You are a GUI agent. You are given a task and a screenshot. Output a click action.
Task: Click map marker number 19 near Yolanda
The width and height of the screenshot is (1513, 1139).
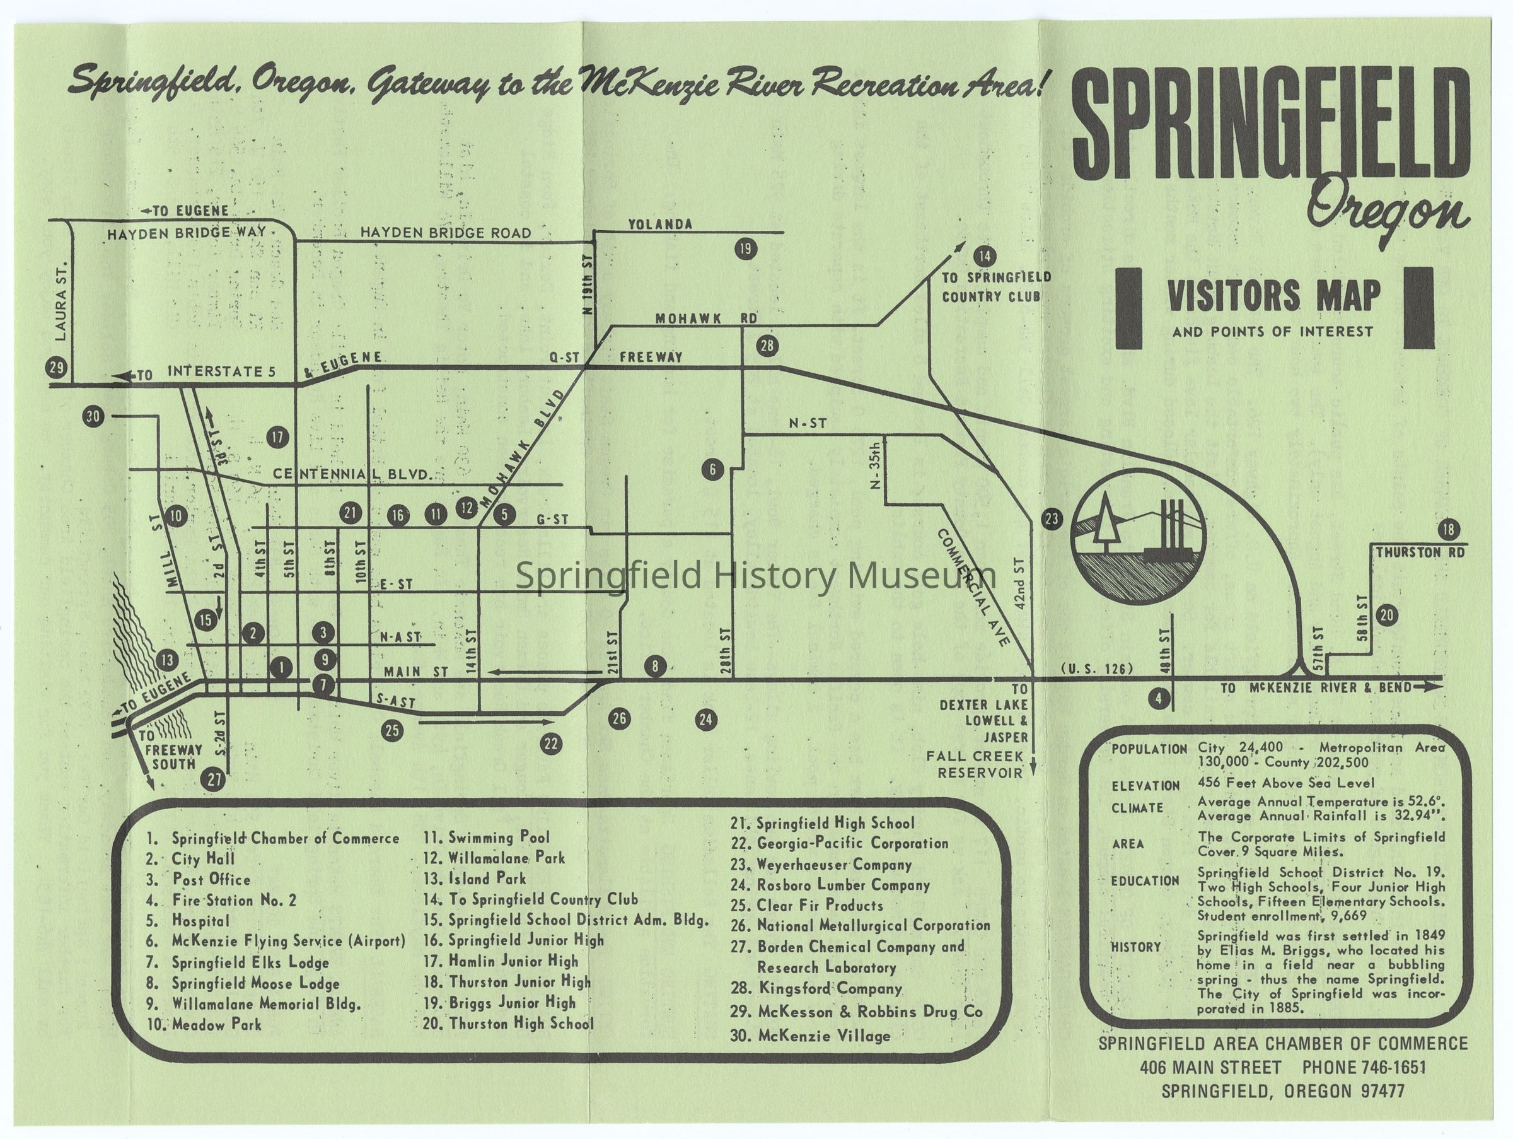[x=745, y=249]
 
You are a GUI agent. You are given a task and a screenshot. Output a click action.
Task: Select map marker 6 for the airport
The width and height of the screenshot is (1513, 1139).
[x=712, y=469]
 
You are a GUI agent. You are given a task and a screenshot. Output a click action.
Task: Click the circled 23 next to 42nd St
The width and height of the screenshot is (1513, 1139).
[x=1052, y=519]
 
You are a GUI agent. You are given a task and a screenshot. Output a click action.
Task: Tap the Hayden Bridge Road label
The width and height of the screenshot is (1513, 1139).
[x=445, y=233]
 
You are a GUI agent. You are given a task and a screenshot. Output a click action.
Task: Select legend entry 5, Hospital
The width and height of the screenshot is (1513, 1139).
[x=200, y=921]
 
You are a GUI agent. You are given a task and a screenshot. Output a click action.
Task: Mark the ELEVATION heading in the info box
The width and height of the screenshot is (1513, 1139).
[x=1145, y=785]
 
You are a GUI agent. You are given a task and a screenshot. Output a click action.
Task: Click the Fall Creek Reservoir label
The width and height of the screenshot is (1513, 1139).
[x=975, y=764]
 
